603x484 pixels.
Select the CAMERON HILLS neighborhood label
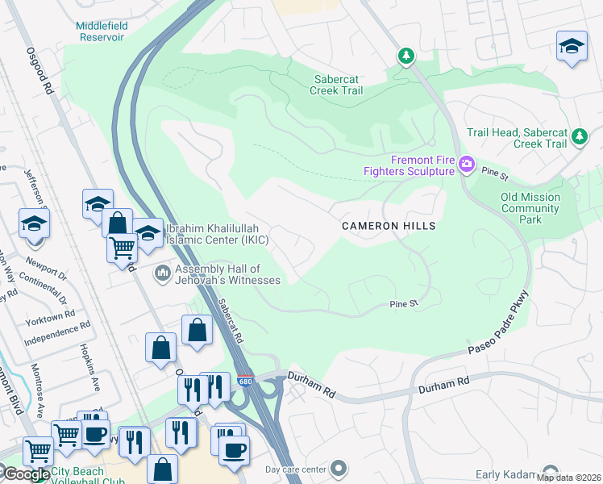tap(389, 227)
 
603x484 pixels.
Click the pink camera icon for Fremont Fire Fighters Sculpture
tap(466, 165)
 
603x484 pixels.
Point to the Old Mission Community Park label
tap(530, 208)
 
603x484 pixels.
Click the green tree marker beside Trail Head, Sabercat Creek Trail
tap(578, 137)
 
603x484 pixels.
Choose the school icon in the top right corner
tap(572, 47)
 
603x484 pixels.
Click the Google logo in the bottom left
tap(26, 474)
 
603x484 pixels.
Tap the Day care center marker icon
tap(339, 469)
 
